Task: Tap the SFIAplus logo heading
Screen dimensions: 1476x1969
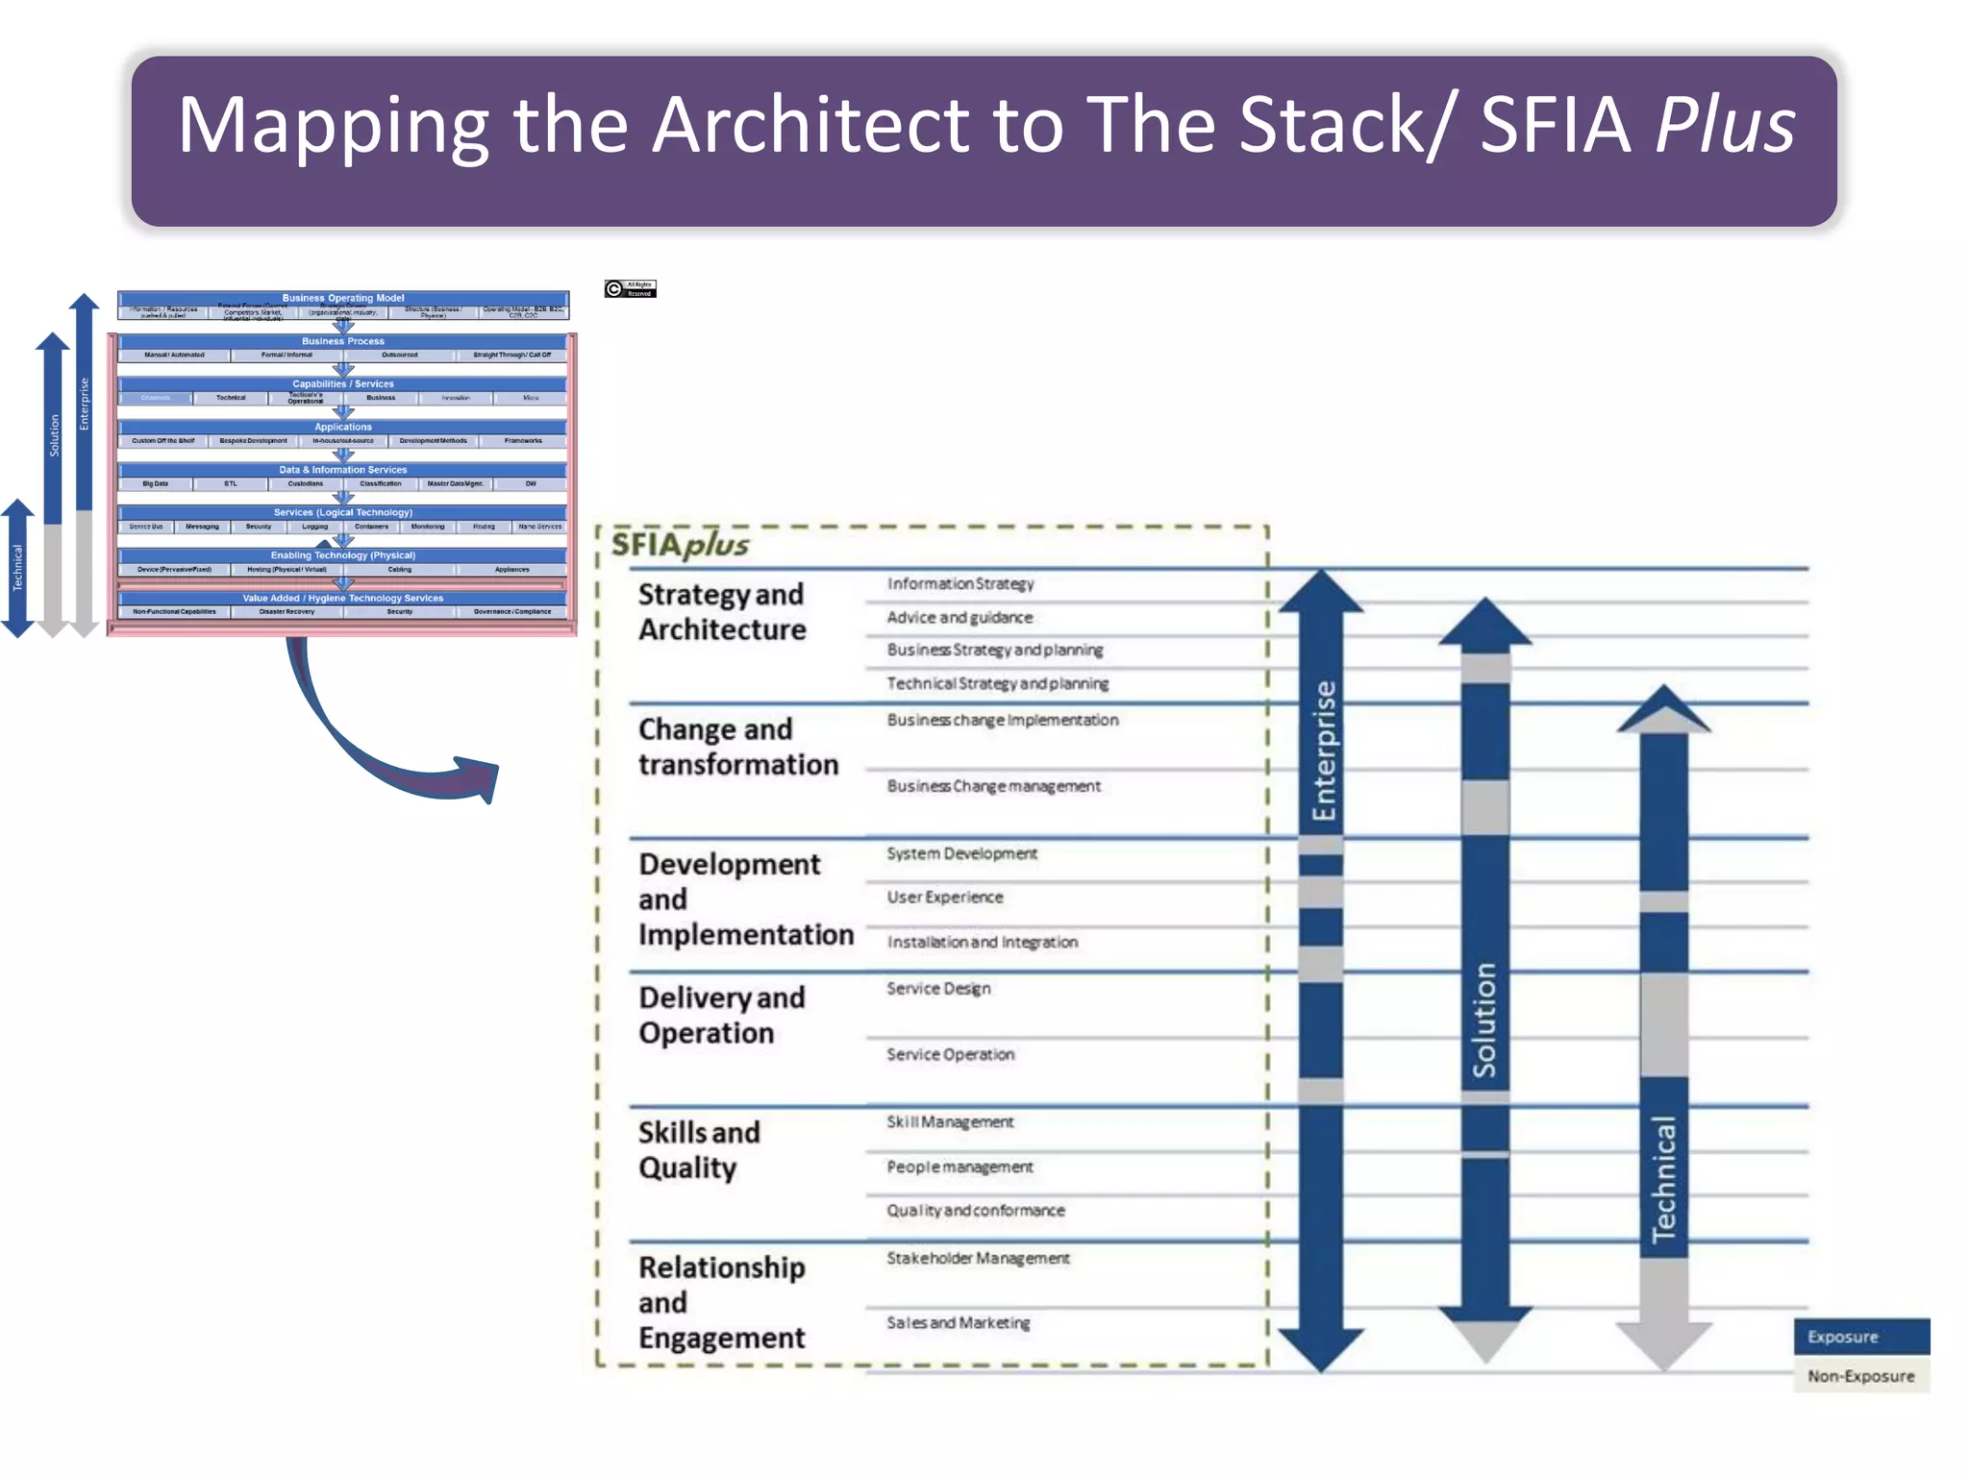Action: point(680,545)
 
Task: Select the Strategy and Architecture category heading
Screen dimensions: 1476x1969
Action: point(722,612)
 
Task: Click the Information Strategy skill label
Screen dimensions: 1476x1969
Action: point(960,584)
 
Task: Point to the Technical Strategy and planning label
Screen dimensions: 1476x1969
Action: point(997,683)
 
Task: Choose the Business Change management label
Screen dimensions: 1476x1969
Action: point(993,786)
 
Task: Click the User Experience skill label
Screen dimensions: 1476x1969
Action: point(944,897)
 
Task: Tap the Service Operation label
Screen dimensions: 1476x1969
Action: point(950,1054)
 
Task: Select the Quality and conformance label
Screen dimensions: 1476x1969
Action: point(975,1211)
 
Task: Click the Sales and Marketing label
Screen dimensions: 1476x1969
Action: point(958,1323)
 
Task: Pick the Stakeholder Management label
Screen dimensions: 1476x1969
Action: point(977,1258)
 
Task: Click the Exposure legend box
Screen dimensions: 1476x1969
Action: point(1860,1337)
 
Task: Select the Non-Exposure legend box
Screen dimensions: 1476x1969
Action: point(1860,1376)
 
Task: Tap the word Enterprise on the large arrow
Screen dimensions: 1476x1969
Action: point(1323,750)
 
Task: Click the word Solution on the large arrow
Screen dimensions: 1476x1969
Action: point(1484,1020)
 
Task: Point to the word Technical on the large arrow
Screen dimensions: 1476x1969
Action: point(1663,1178)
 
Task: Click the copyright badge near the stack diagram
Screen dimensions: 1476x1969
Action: point(630,288)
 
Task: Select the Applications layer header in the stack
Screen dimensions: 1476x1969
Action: point(342,427)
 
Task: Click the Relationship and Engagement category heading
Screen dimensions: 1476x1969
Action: point(722,1302)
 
